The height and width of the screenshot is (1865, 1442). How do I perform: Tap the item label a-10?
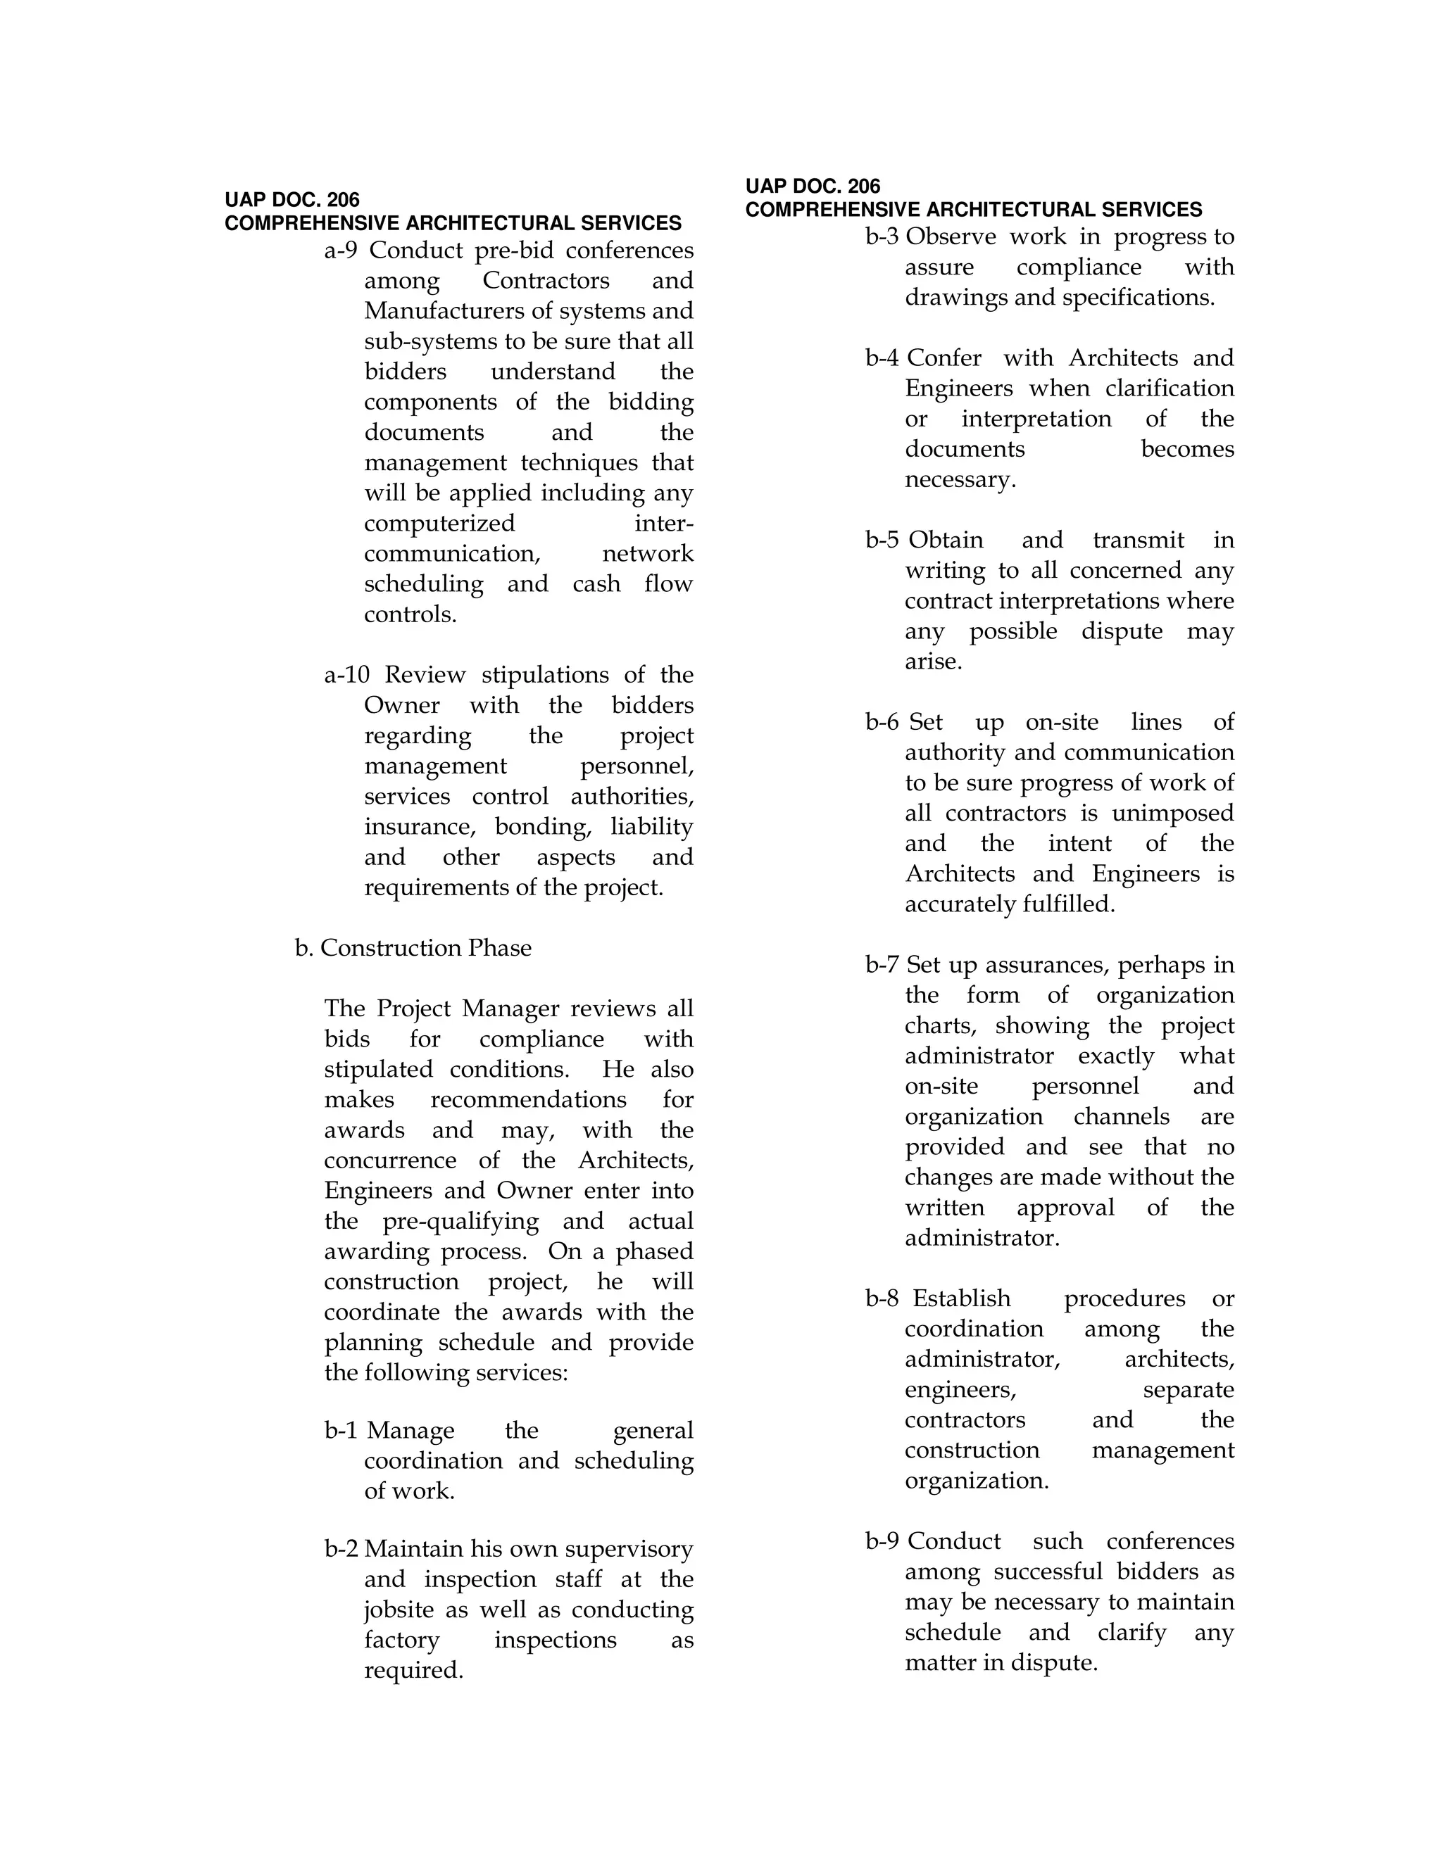346,675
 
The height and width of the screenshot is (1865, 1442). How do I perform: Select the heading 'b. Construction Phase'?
413,948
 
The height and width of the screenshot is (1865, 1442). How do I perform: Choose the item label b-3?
882,236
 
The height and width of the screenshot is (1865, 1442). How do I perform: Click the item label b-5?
882,540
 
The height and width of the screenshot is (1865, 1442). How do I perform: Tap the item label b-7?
882,965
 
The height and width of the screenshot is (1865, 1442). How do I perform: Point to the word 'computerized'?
439,523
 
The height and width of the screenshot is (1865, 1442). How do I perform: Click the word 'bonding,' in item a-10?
544,827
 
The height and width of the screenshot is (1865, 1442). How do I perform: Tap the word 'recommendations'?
528,1100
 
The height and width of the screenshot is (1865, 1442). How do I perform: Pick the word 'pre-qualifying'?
460,1221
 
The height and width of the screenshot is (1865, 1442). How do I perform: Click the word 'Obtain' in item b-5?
946,540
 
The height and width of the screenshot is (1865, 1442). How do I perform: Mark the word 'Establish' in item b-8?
961,1299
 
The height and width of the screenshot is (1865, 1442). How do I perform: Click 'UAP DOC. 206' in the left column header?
292,200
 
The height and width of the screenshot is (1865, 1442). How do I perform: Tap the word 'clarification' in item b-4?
1170,388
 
